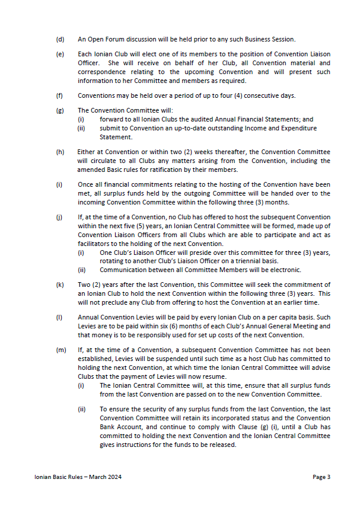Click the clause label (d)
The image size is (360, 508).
[x=60, y=40]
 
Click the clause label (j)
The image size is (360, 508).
[x=59, y=217]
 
